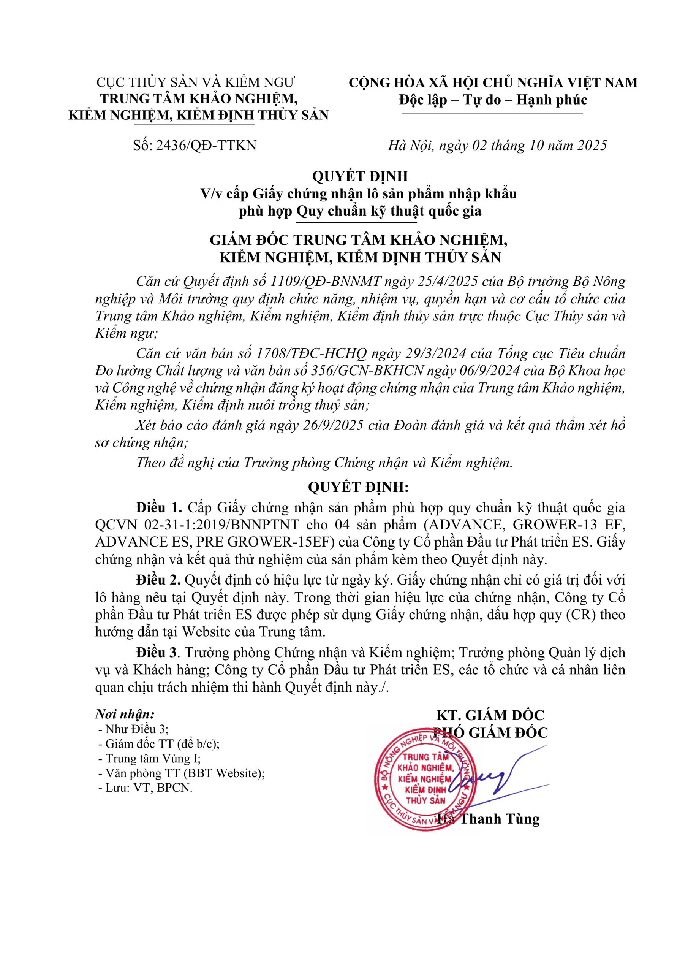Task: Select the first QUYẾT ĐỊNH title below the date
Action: [360, 176]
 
